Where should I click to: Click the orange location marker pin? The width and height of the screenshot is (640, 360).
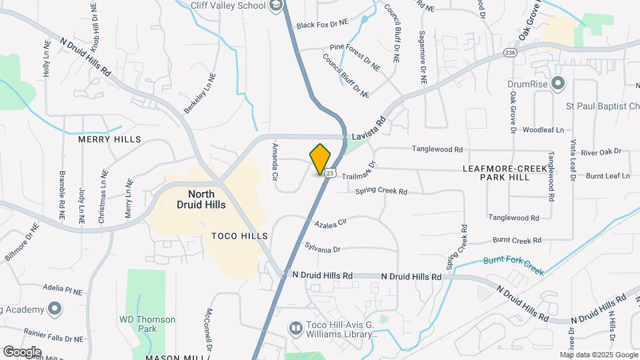321,159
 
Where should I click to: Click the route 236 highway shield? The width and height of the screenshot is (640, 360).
511,53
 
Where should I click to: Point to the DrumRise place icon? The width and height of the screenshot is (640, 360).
558,84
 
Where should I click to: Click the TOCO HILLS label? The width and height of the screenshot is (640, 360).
239,236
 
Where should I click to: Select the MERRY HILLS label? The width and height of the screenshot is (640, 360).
110,139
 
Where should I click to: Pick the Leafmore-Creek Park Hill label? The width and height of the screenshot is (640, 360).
505,173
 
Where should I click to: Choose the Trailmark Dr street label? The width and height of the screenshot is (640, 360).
360,171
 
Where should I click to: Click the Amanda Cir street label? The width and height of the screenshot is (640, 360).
275,163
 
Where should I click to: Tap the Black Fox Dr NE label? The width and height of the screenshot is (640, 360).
323,23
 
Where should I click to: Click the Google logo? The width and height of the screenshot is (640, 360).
22,351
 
